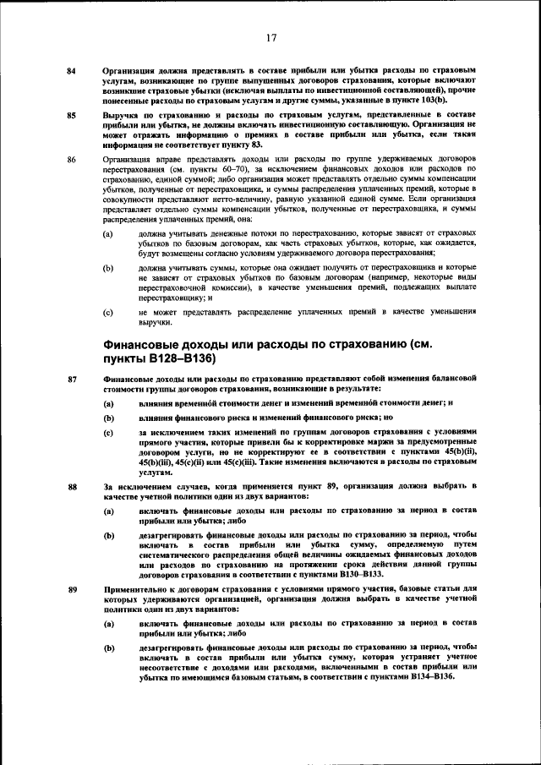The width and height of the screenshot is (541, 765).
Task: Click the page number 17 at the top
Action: point(271,37)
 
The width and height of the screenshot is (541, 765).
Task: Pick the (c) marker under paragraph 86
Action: point(108,313)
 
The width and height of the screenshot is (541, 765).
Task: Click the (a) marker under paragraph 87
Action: point(108,402)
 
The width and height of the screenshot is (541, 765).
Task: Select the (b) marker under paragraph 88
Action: point(108,536)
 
